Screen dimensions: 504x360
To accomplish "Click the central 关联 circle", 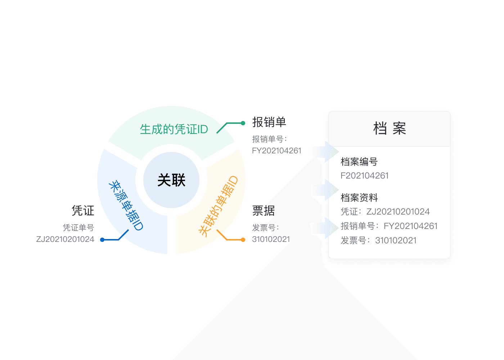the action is pyautogui.click(x=171, y=180).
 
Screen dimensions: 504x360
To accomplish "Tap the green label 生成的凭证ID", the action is pyautogui.click(x=174, y=129).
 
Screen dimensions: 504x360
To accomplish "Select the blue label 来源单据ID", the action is pyautogui.click(x=126, y=205).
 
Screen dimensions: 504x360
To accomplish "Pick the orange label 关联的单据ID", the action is pyautogui.click(x=218, y=206).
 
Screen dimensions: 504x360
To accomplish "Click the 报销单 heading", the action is pyautogui.click(x=269, y=122).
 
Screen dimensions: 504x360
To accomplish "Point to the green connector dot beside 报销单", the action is pyautogui.click(x=243, y=123).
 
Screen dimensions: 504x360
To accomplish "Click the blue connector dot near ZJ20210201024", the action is pyautogui.click(x=102, y=240).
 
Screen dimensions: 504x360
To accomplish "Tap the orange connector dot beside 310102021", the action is pyautogui.click(x=243, y=240).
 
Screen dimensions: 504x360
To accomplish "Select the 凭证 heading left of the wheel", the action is pyautogui.click(x=83, y=211).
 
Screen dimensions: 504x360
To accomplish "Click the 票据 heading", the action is pyautogui.click(x=264, y=211).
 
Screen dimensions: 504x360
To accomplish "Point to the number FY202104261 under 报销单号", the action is pyautogui.click(x=276, y=150).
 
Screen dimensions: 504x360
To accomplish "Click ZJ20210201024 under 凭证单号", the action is pyautogui.click(x=65, y=239).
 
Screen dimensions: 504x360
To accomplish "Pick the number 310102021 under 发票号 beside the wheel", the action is pyautogui.click(x=271, y=239).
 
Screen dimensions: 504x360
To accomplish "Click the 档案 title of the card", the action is pyautogui.click(x=390, y=129).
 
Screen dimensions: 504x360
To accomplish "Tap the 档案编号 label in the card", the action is pyautogui.click(x=359, y=162).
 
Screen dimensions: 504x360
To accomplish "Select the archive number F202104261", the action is pyautogui.click(x=364, y=176).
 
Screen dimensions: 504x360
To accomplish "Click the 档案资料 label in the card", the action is pyautogui.click(x=359, y=198).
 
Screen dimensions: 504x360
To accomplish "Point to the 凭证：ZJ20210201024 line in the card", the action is pyautogui.click(x=385, y=212).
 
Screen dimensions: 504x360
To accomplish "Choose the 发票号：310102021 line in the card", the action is pyautogui.click(x=378, y=240).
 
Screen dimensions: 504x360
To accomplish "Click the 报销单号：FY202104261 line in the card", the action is pyautogui.click(x=389, y=226).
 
